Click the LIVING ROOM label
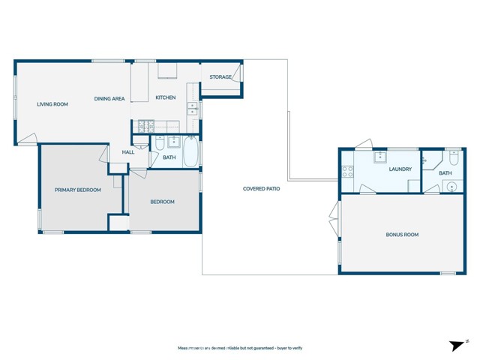pos(52,104)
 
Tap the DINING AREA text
pos(109,99)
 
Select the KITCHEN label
pos(165,98)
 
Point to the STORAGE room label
pos(220,77)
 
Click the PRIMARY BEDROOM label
pos(78,190)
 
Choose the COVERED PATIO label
pos(262,189)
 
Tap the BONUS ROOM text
pos(402,235)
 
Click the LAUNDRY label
pos(400,169)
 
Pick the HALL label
pos(128,152)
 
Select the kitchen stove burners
pos(143,125)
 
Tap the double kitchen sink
pos(192,109)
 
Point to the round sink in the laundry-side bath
pos(451,187)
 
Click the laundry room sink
pos(381,156)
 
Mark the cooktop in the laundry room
pos(348,171)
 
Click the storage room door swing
pos(238,73)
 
